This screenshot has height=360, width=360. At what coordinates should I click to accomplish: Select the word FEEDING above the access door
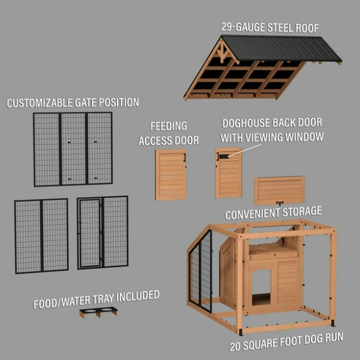pos(168,126)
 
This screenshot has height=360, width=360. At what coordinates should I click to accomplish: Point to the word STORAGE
pos(302,212)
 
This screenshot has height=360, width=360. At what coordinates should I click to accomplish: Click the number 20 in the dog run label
pos(235,347)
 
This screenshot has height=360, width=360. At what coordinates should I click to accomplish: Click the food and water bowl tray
pos(99,312)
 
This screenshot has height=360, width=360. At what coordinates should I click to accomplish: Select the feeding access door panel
pos(171,175)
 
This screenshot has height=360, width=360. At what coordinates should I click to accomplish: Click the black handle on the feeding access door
pos(184,157)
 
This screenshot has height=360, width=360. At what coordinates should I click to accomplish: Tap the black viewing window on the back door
pos(223,157)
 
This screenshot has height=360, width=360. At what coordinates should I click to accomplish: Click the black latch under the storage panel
pos(279,203)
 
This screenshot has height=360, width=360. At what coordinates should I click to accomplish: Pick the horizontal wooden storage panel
pos(279,190)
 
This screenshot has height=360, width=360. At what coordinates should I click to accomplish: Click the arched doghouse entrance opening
pos(261,287)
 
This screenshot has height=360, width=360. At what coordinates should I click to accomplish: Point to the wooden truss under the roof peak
pos(222,53)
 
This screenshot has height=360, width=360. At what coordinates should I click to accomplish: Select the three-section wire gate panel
pos(73,149)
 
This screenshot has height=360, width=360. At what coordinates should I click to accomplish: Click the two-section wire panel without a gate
pos(41,236)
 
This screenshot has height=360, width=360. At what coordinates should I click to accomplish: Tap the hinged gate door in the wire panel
pos(90,233)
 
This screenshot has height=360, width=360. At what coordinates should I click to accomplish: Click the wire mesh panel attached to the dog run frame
pos(200,272)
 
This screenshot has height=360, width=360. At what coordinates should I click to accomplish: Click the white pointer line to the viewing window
pos(244,150)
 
